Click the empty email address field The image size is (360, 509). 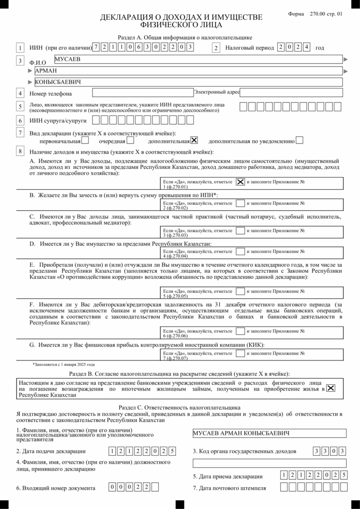(291, 92)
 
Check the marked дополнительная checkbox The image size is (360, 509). (194, 140)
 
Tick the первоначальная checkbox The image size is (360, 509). (85, 140)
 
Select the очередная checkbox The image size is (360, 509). (130, 140)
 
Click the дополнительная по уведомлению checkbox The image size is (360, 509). (299, 140)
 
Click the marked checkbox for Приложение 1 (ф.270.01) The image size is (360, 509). (240, 182)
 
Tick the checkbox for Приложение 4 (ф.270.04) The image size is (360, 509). (240, 252)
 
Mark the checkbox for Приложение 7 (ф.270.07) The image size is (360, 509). (240, 353)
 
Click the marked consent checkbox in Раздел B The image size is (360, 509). (331, 388)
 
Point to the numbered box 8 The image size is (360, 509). (20, 151)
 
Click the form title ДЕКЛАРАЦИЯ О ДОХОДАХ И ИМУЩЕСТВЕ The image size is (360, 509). (181, 18)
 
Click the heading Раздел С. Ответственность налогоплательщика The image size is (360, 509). (180, 406)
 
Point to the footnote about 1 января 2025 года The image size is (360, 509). (63, 364)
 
